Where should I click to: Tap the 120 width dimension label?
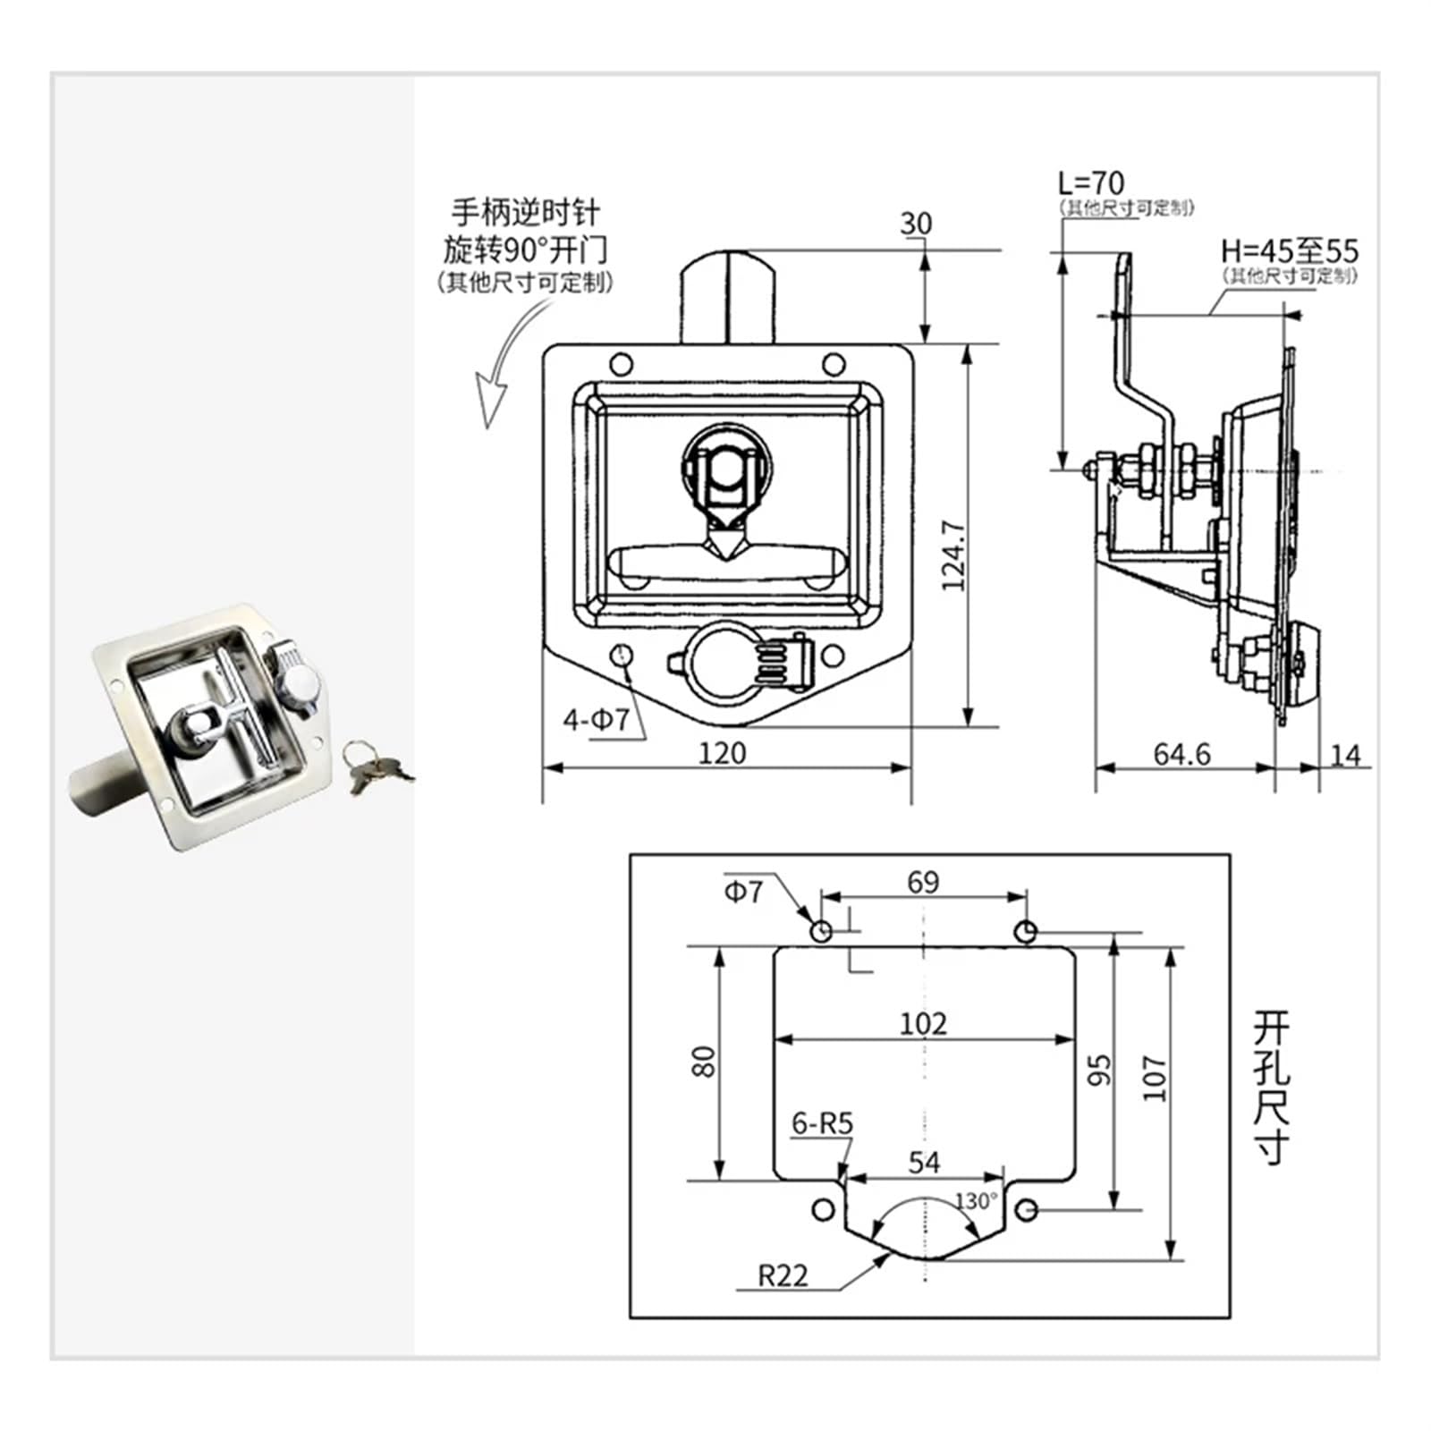click(x=722, y=753)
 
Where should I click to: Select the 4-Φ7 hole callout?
click(x=596, y=719)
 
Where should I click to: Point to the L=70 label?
click(x=1090, y=183)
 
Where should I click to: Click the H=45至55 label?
click(x=1289, y=251)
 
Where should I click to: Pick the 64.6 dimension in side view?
click(x=1181, y=755)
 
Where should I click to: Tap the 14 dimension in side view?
click(x=1345, y=756)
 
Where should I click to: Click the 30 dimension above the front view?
click(x=915, y=224)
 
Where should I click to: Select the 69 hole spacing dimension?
click(x=923, y=883)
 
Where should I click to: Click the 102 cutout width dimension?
click(x=923, y=1022)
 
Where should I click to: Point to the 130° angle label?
click(x=975, y=1200)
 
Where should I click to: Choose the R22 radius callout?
click(x=783, y=1274)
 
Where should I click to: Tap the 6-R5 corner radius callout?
click(x=822, y=1123)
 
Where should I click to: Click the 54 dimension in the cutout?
click(x=924, y=1162)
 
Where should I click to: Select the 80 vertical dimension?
click(x=706, y=1062)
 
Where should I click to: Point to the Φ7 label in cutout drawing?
click(x=743, y=892)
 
